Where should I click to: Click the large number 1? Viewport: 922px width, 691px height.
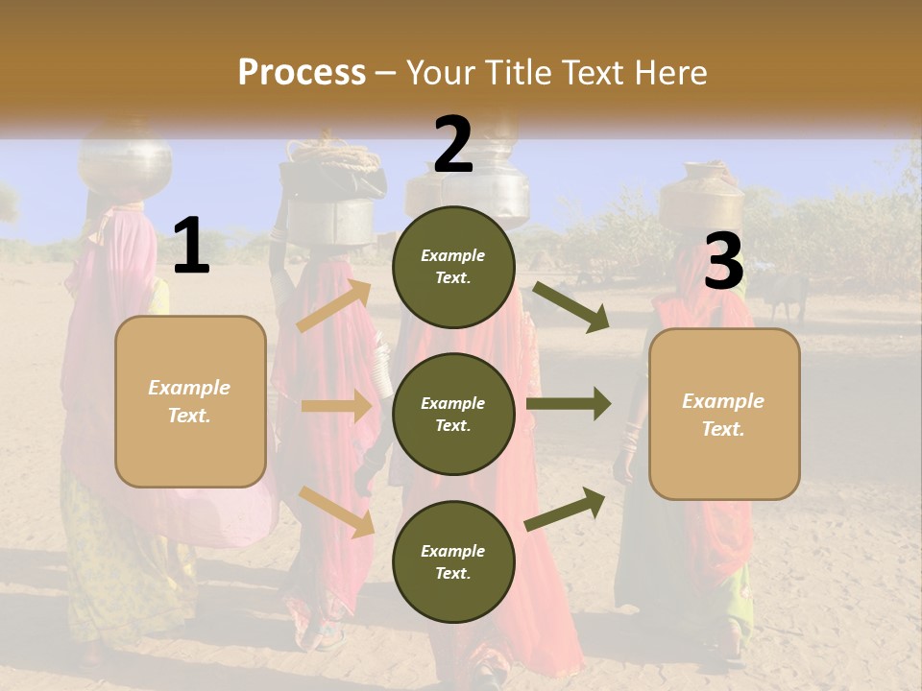191,246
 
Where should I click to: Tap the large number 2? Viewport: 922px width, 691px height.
453,145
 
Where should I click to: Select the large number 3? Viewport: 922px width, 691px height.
724,261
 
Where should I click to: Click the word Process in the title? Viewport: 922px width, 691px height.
302,72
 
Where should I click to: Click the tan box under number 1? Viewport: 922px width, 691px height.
190,401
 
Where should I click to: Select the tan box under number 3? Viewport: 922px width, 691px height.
724,414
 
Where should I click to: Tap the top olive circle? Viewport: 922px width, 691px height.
453,267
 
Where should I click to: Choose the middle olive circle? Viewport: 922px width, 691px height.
453,414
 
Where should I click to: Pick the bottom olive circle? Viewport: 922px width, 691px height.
453,561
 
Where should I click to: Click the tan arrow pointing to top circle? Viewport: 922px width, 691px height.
335,306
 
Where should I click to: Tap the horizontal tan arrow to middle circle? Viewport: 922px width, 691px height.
336,406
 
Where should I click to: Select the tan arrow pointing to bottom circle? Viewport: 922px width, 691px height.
336,511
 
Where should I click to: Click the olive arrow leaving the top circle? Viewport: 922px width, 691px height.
571,307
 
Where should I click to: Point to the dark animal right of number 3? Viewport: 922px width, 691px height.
786,298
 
